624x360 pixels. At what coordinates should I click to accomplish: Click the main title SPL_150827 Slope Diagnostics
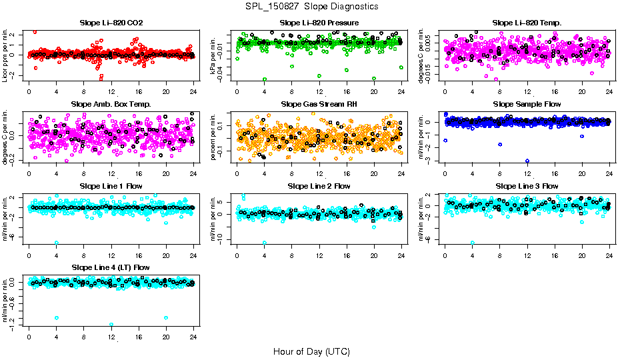(x=311, y=6)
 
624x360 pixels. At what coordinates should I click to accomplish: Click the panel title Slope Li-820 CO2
(x=111, y=23)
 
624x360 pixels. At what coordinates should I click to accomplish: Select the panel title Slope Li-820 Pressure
(x=319, y=23)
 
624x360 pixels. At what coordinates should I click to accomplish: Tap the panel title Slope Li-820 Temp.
(x=527, y=23)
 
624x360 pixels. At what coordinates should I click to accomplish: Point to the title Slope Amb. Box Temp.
(x=111, y=105)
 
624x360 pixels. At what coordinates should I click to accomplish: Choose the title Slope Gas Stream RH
(x=319, y=105)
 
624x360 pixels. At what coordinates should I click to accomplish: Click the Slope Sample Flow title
(x=527, y=105)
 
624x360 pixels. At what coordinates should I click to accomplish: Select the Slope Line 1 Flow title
(x=111, y=186)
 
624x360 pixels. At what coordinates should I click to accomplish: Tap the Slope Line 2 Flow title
(x=319, y=186)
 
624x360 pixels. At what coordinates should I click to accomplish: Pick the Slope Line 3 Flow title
(x=527, y=186)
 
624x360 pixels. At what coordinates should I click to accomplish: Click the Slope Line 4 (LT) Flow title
(x=111, y=267)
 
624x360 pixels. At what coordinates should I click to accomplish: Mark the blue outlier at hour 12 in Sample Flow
(x=527, y=161)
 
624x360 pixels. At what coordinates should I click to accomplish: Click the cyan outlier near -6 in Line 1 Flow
(x=56, y=243)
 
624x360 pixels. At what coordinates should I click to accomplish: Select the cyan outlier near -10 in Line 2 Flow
(x=265, y=243)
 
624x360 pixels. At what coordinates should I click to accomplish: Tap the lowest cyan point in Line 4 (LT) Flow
(x=111, y=325)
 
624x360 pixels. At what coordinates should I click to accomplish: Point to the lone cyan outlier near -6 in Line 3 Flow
(x=473, y=243)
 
